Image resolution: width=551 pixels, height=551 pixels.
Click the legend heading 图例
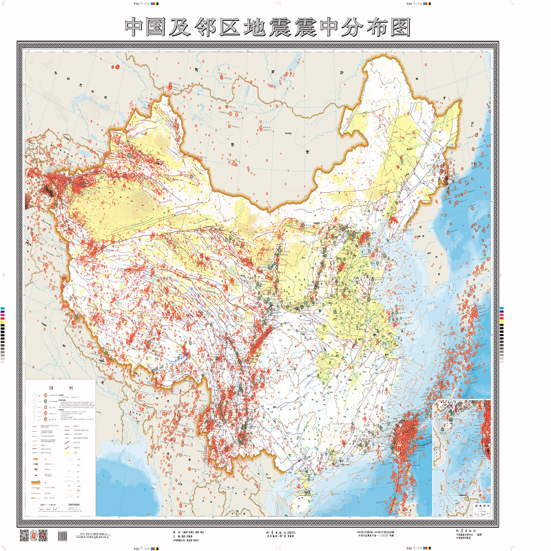click(60, 388)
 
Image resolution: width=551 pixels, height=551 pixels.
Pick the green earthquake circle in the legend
click(46, 401)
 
